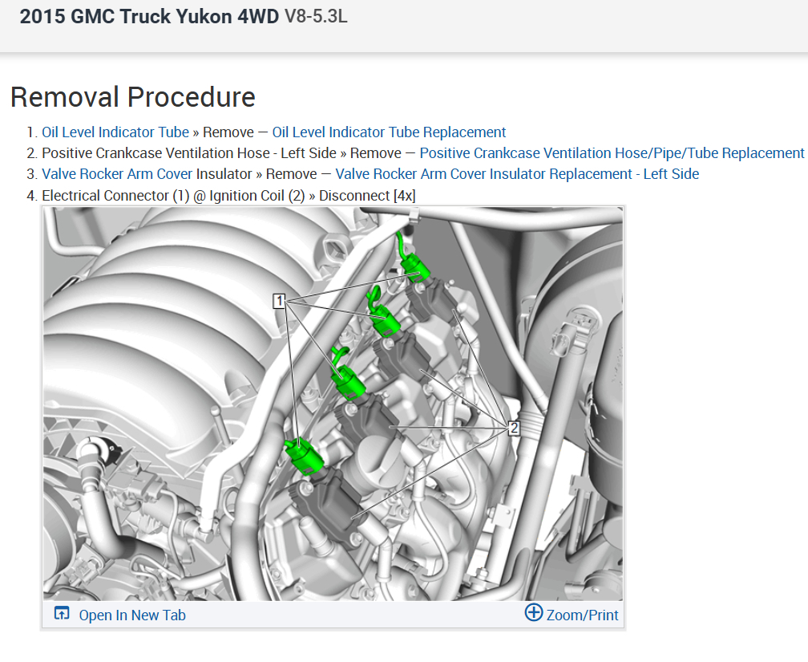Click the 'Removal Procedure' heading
(133, 97)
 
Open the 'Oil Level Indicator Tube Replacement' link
(389, 132)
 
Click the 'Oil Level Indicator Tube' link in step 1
(115, 132)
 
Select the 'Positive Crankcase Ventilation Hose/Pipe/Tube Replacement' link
(612, 153)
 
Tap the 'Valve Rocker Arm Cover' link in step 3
(117, 174)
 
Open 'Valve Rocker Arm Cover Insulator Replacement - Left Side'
(517, 174)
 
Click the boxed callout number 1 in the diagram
(279, 300)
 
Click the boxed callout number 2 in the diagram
(514, 428)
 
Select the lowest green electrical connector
(305, 456)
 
